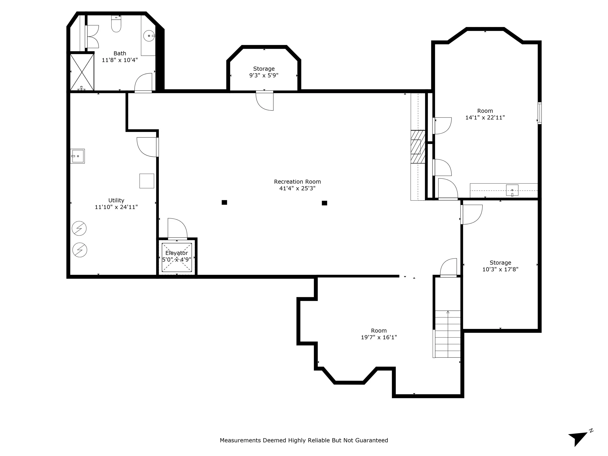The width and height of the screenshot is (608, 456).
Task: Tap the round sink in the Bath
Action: (x=149, y=36)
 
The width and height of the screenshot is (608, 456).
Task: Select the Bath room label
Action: (x=120, y=53)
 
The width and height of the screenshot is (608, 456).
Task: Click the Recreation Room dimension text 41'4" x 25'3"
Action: (x=297, y=188)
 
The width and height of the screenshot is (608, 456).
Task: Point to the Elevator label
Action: (x=177, y=253)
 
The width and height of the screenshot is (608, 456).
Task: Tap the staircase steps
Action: (x=447, y=334)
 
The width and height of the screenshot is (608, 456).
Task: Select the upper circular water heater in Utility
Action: (x=79, y=228)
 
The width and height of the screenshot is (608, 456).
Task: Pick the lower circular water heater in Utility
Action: (x=80, y=250)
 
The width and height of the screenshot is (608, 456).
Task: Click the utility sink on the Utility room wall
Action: (x=78, y=156)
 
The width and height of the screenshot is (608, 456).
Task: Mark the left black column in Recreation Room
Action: (x=224, y=202)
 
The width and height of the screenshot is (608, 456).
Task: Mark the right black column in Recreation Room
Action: (x=324, y=203)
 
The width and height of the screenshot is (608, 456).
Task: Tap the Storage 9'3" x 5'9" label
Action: (x=264, y=72)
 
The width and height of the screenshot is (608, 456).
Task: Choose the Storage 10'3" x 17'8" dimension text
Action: (x=500, y=269)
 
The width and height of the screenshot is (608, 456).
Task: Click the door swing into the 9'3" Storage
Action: (x=265, y=101)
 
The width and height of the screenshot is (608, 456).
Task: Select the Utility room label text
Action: (x=116, y=200)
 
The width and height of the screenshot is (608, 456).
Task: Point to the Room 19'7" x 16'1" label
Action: (x=379, y=334)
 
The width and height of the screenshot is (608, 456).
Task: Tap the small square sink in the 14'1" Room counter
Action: (x=512, y=190)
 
